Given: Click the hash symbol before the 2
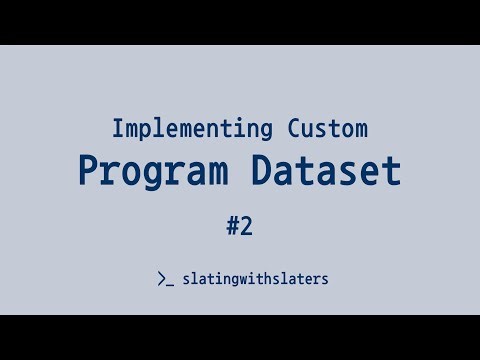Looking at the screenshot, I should [x=232, y=226].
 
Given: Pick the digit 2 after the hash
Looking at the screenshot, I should [x=246, y=226].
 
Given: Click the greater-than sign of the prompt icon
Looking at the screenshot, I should [x=162, y=279].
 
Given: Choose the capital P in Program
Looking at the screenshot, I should [x=89, y=171].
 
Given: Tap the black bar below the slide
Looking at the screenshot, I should [x=240, y=337].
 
